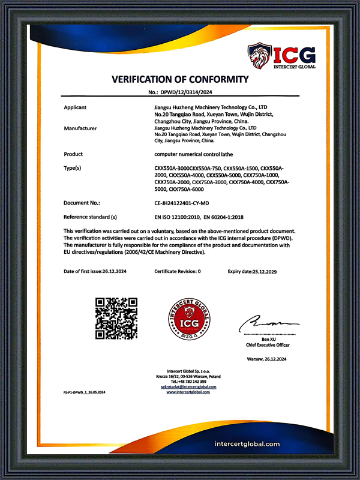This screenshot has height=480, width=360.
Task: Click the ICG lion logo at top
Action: pyautogui.click(x=260, y=56)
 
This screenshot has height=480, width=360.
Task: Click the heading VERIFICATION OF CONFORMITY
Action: pyautogui.click(x=180, y=79)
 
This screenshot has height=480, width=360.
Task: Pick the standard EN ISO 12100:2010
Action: pyautogui.click(x=178, y=217)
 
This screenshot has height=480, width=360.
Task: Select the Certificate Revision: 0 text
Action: pyautogui.click(x=178, y=271)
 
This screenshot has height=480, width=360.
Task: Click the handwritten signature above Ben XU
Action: pyautogui.click(x=264, y=324)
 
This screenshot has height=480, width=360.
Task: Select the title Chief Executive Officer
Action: pyautogui.click(x=268, y=345)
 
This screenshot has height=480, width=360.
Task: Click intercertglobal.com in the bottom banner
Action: pyautogui.click(x=247, y=445)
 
